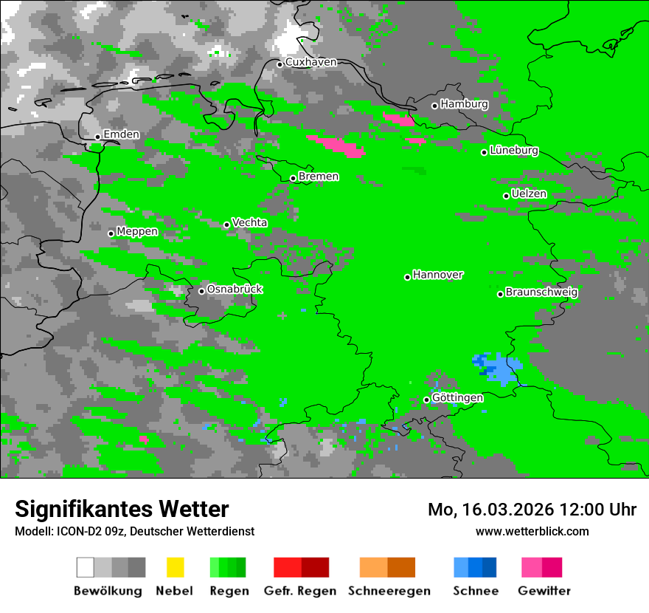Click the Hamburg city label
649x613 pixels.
(464, 105)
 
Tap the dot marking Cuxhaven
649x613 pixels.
(280, 64)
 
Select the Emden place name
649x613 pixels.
(121, 135)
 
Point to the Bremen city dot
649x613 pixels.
(293, 178)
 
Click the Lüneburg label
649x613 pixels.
(513, 151)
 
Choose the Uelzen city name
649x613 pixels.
(529, 194)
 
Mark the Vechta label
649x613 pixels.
(249, 223)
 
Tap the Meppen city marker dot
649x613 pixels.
(111, 233)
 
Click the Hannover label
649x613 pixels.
(437, 275)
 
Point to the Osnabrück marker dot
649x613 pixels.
(201, 291)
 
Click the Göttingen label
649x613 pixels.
(457, 398)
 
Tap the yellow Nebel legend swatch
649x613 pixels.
(175, 567)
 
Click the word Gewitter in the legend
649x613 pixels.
(544, 591)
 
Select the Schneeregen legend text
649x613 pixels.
(389, 591)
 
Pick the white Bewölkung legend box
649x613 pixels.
(86, 567)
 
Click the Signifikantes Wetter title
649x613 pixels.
(122, 509)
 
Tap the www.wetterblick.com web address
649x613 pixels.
(532, 531)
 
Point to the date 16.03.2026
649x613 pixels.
(502, 510)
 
